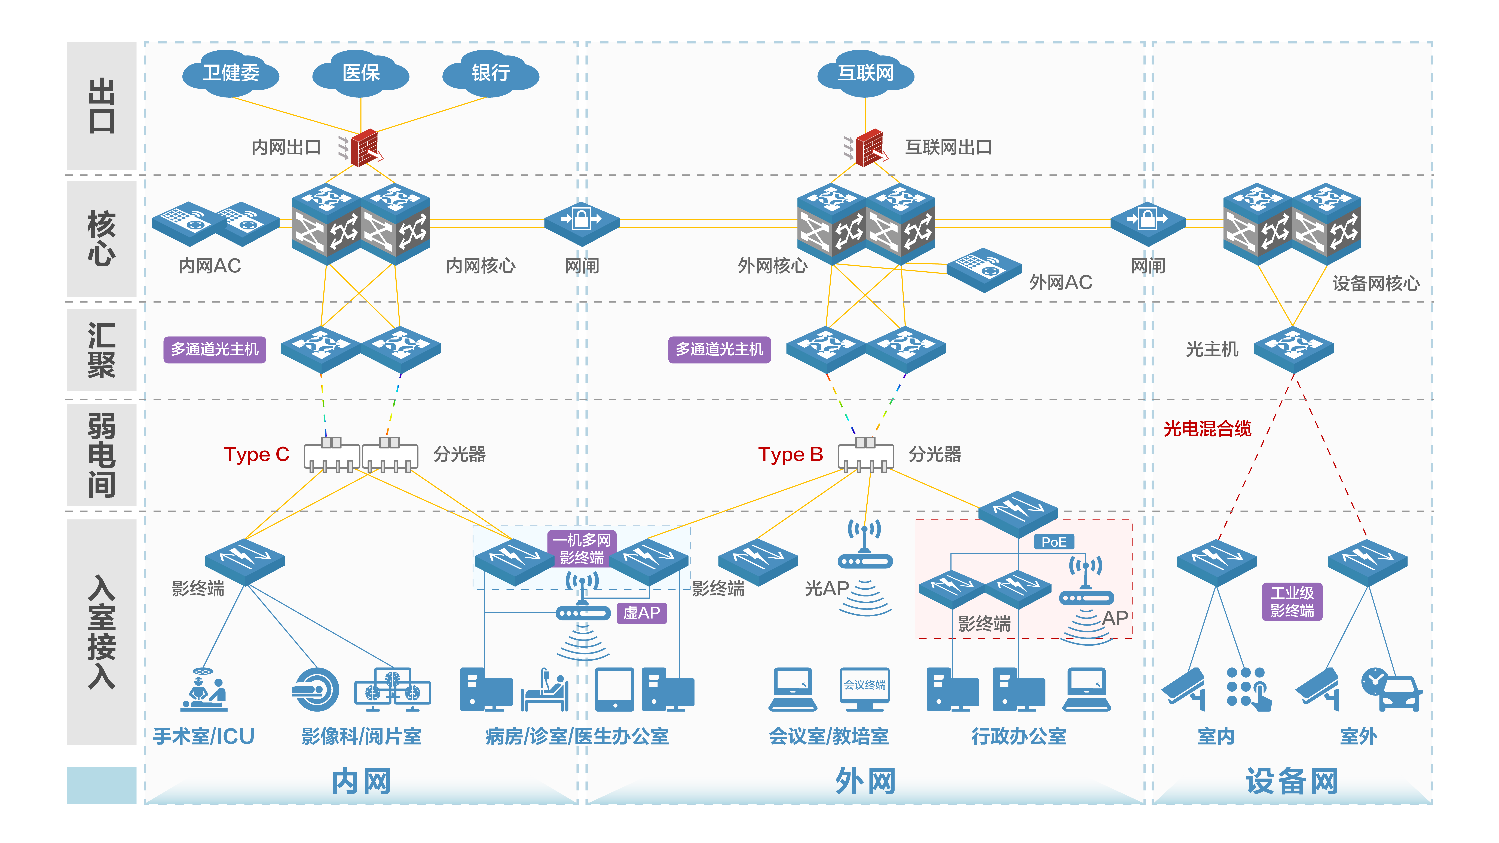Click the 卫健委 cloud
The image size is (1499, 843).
pos(230,73)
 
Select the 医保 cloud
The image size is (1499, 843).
pos(361,73)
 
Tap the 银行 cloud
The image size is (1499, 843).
pos(491,73)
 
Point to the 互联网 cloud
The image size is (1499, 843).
pos(865,73)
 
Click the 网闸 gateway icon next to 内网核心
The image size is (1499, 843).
pos(581,222)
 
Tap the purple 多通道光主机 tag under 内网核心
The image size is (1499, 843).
pos(215,350)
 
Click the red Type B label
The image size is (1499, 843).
pos(790,454)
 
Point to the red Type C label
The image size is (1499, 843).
pos(257,454)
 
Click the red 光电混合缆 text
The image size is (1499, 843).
pos(1207,429)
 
